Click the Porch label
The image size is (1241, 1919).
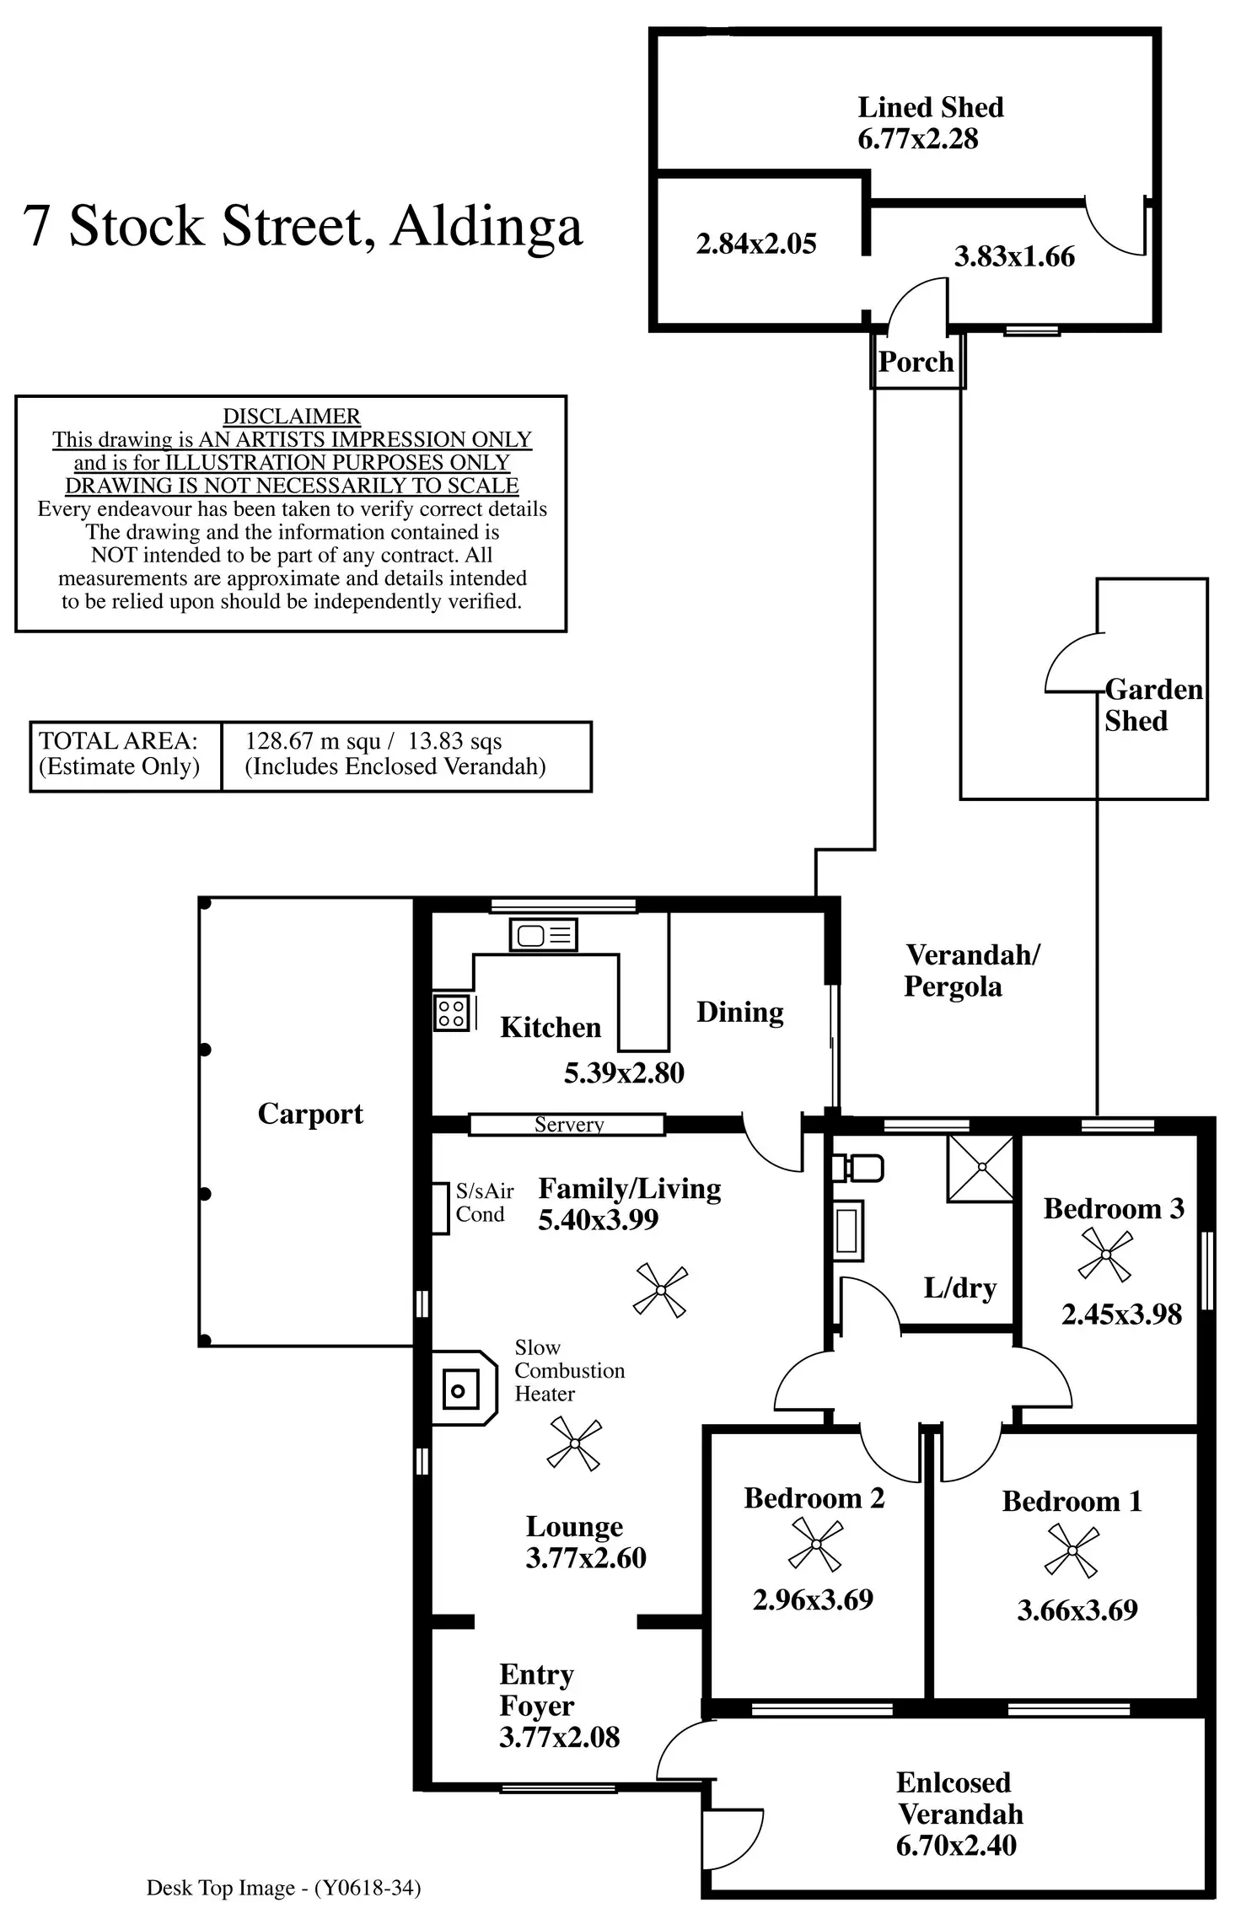point(916,362)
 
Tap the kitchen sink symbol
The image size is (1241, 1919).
point(544,935)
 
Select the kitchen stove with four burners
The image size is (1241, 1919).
point(452,1013)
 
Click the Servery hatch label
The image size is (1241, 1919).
point(569,1124)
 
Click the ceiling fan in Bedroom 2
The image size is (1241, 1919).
point(815,1545)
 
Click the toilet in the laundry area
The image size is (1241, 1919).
point(858,1169)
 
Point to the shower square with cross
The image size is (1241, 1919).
point(982,1168)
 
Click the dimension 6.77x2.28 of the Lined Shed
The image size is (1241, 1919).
point(917,139)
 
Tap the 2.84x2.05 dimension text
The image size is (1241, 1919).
point(756,245)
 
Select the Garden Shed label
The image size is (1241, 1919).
point(1152,705)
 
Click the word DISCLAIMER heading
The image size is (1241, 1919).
point(291,417)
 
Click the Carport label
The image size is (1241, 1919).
point(310,1114)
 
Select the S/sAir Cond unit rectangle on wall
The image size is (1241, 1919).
point(440,1208)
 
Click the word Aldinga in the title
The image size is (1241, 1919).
point(486,226)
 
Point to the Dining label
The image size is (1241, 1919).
point(739,1012)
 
